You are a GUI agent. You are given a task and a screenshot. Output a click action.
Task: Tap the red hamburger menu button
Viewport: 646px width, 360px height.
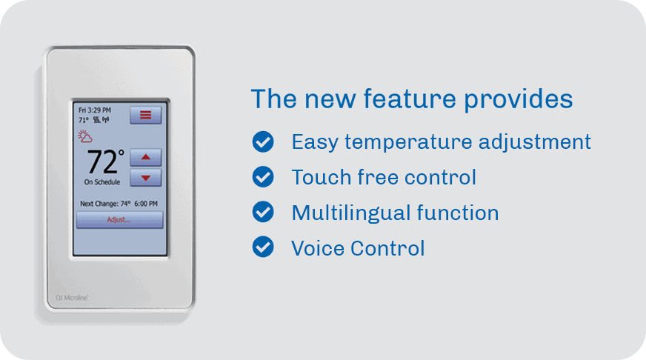[146, 115]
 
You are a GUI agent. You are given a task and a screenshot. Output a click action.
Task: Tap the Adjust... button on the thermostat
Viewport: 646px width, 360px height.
[119, 219]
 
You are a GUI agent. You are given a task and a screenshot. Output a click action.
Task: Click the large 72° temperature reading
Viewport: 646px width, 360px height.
[105, 161]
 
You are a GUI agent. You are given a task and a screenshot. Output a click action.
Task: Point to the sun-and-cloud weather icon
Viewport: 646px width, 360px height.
[85, 136]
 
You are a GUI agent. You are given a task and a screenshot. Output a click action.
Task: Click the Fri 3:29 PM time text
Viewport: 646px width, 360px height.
[95, 110]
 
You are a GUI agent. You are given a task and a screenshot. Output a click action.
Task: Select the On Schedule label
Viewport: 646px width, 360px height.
[102, 182]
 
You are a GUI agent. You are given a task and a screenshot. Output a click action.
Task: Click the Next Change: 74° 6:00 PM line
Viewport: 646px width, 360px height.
[119, 204]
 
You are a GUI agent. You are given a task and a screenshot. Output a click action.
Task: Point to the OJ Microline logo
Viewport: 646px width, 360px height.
[72, 297]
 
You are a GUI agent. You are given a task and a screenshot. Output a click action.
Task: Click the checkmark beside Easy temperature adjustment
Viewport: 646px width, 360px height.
[263, 141]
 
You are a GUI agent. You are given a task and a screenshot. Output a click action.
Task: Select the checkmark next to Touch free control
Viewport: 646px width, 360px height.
[263, 177]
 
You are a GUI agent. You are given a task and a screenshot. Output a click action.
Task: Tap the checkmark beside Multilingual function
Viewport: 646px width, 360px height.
[263, 212]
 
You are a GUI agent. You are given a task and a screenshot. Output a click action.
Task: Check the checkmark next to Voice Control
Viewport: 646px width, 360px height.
[263, 247]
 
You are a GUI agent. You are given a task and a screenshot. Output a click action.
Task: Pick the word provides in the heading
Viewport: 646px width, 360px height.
[519, 100]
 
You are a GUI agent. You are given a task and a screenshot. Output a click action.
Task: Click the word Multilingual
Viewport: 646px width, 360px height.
[350, 213]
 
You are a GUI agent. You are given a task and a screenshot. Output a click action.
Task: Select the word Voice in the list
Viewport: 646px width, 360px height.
[316, 248]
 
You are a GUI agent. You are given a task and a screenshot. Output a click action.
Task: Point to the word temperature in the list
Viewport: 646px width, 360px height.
[408, 142]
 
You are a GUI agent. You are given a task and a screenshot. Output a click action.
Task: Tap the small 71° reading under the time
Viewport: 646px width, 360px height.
[83, 120]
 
